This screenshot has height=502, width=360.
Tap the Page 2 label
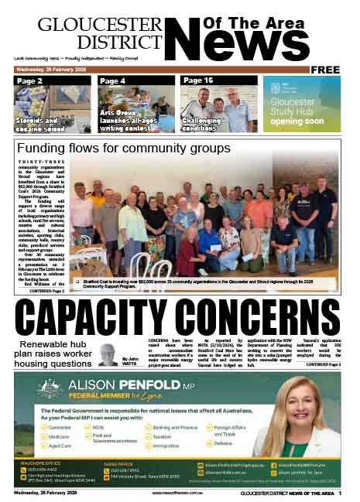pos(30,80)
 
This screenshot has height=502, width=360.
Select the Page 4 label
pos(113,80)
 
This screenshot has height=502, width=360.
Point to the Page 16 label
pos(197,80)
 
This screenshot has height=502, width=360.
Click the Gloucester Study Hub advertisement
pos(301,104)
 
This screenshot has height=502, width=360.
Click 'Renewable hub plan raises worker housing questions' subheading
pos(57,353)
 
